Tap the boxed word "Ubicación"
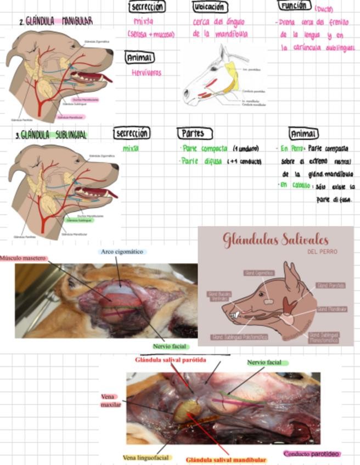click(210, 7)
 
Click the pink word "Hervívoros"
click(147, 72)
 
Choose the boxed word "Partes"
click(193, 133)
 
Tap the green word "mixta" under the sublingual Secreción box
click(131, 148)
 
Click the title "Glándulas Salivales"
click(275, 239)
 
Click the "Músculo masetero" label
click(23, 258)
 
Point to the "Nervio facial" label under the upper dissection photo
click(171, 346)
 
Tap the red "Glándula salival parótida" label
click(171, 360)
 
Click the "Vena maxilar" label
click(110, 400)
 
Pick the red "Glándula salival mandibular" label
click(226, 460)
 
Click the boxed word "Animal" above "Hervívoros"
click(139, 58)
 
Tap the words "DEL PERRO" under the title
click(323, 252)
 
